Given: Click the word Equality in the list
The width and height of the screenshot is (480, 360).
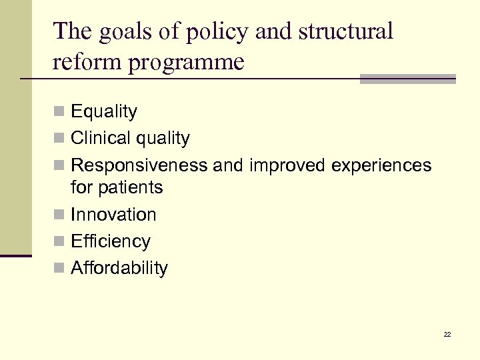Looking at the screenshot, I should pos(104,112).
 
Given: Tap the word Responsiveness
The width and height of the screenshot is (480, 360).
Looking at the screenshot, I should pos(139,165).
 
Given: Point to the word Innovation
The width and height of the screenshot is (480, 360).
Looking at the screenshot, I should pos(113,215).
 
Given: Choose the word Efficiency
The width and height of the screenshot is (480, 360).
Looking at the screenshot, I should pos(111,241).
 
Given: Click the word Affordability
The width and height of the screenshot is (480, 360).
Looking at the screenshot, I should pos(119,268).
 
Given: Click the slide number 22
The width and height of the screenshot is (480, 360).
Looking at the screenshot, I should pos(447,334).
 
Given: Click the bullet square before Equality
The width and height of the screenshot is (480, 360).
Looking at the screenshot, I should pos(61,113).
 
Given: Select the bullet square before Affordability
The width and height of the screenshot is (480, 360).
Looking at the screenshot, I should pos(61,269).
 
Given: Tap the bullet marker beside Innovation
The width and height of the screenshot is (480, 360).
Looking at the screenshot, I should pos(61,215).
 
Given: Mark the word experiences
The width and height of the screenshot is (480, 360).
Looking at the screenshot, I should pos(379,165).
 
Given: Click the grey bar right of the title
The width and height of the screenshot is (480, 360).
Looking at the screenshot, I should pos(407,79).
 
